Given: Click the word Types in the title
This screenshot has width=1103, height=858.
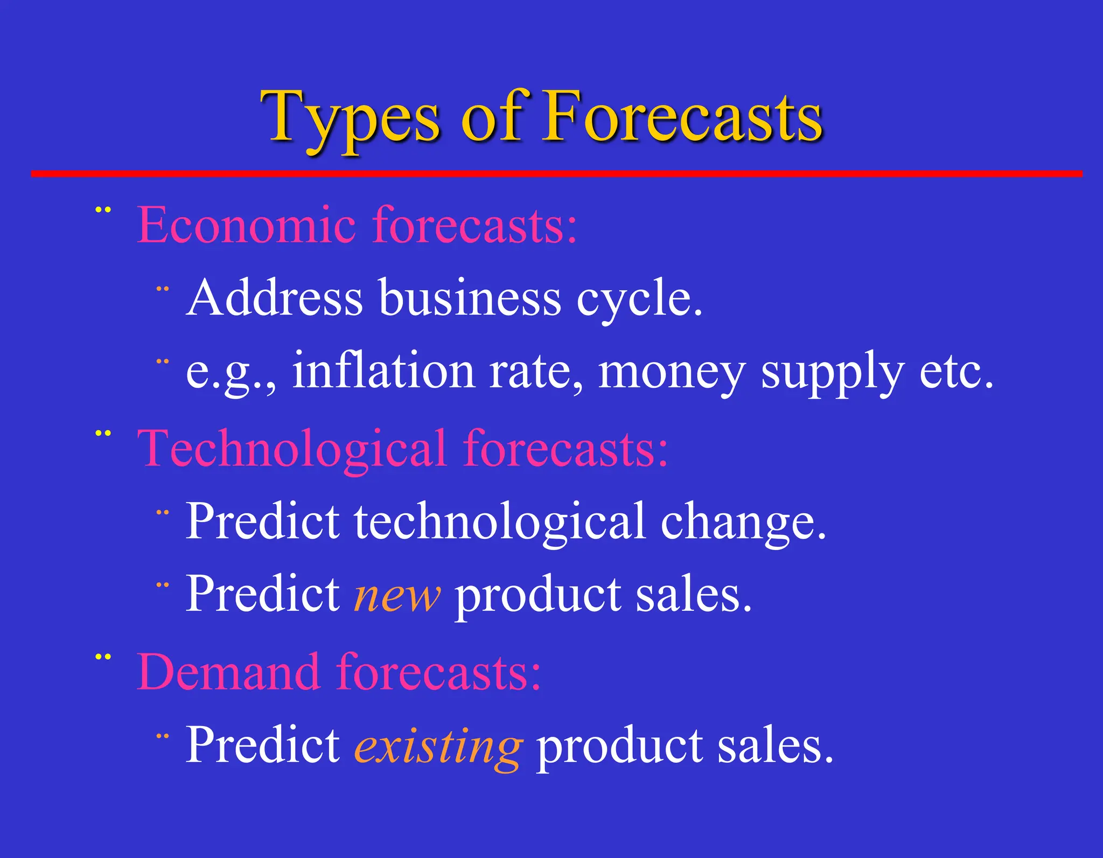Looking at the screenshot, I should coord(350,117).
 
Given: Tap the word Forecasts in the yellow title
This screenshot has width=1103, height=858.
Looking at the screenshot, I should coord(683,117).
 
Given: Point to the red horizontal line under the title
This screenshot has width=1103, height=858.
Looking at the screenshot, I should coord(556,173).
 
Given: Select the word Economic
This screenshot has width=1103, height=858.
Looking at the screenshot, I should coord(246,225).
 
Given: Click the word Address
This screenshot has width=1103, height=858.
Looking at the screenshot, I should coord(274,298).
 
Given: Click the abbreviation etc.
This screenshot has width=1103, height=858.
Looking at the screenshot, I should coord(956,372).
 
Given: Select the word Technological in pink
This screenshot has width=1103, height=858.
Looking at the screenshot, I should coord(291,449).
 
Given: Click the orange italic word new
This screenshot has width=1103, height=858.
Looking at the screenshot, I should coord(397,596).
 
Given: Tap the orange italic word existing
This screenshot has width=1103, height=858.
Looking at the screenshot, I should coord(438,747).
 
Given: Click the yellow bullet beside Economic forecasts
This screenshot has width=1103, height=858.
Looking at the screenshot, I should coord(103,210).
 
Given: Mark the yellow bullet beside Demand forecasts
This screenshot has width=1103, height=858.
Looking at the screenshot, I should coord(103,657).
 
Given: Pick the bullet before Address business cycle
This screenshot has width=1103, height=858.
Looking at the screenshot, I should coord(163,289).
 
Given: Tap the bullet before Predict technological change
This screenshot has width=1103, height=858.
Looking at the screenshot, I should coord(163,513).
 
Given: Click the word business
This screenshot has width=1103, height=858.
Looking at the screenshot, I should coord(470,298).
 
